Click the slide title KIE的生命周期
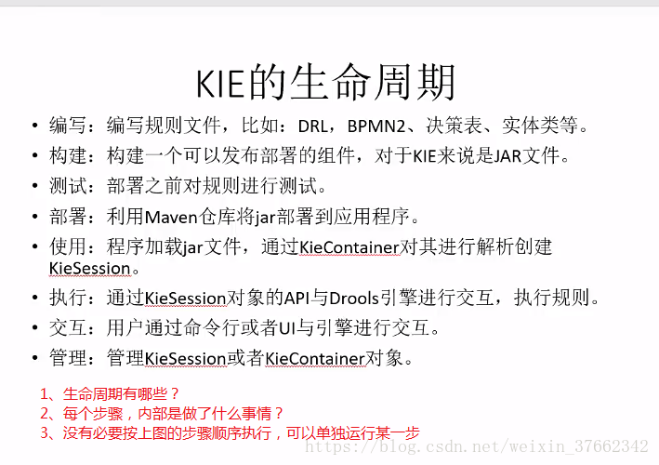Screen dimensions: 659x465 coord(325,83)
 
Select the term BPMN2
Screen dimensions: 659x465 coord(376,126)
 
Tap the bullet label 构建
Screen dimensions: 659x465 coord(68,155)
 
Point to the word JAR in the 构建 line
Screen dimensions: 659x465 coord(507,156)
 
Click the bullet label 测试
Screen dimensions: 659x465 coord(68,186)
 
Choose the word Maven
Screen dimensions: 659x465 coord(171,217)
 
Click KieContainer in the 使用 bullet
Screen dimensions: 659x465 coord(349,247)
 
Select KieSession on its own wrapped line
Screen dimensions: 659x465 coord(90,268)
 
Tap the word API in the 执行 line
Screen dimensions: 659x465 coord(297,299)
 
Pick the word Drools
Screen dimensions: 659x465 coord(354,299)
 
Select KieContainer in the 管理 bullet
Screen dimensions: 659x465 coord(315,359)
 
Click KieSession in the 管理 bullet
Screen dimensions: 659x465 coord(185,359)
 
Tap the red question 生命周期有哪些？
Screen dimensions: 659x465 coord(121,394)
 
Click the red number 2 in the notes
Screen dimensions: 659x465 coord(45,414)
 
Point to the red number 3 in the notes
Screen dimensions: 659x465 coord(45,432)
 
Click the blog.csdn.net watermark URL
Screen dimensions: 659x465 coord(477,446)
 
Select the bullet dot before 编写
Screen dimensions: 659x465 coord(35,126)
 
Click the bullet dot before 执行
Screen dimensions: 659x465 coord(35,299)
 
